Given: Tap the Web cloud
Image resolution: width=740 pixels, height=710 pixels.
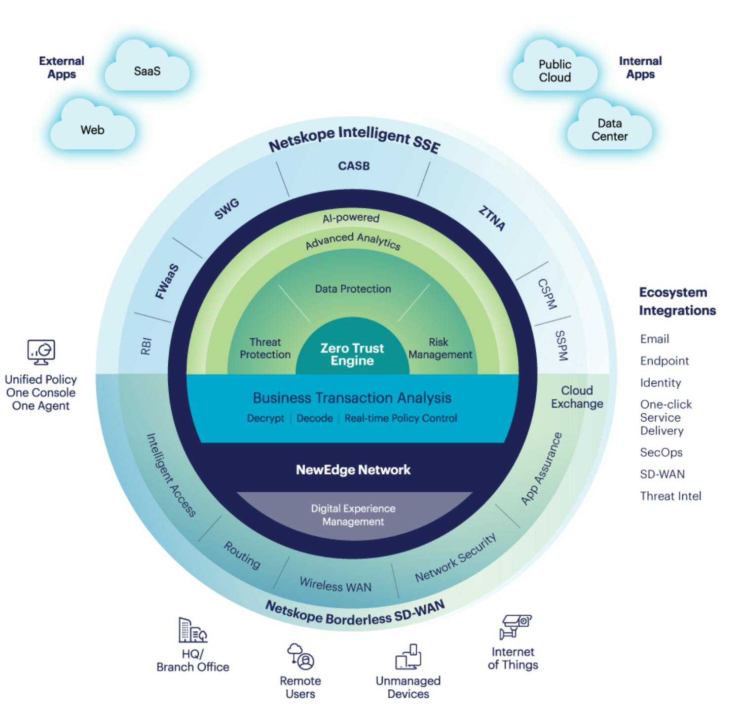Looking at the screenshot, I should [93, 129].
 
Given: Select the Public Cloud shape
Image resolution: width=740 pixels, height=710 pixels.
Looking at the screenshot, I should [555, 71].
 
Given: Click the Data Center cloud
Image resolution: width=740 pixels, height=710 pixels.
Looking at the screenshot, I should [609, 129].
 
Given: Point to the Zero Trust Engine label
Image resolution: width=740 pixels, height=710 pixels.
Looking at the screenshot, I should [352, 354].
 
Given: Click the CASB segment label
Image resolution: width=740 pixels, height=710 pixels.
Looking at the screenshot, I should [354, 166].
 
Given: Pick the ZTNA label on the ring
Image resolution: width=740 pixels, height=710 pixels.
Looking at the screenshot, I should [492, 218].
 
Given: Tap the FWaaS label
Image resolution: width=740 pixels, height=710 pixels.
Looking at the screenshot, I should [167, 281].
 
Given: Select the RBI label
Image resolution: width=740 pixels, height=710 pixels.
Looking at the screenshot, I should [146, 346].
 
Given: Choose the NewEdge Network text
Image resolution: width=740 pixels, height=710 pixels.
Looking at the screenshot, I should [353, 470].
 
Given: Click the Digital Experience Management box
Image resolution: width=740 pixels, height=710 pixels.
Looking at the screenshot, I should [353, 515].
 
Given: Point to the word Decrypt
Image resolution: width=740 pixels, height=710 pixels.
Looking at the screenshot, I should [265, 418].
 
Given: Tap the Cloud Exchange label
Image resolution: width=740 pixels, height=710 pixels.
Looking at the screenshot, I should [577, 397].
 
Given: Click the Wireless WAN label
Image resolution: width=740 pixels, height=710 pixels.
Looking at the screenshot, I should [335, 585].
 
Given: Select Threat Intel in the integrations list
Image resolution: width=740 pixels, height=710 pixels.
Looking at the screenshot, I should [670, 496].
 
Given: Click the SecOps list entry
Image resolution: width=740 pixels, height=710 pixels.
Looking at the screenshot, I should [661, 452].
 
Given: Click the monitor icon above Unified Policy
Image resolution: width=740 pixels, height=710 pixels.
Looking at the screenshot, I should [41, 352].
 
